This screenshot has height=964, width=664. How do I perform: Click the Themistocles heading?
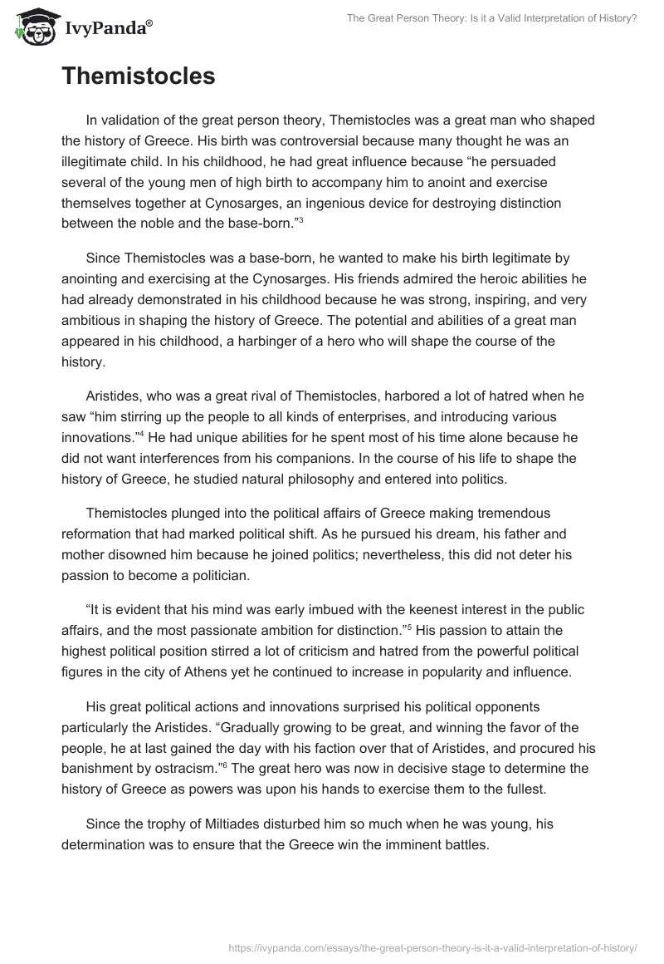(138, 76)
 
